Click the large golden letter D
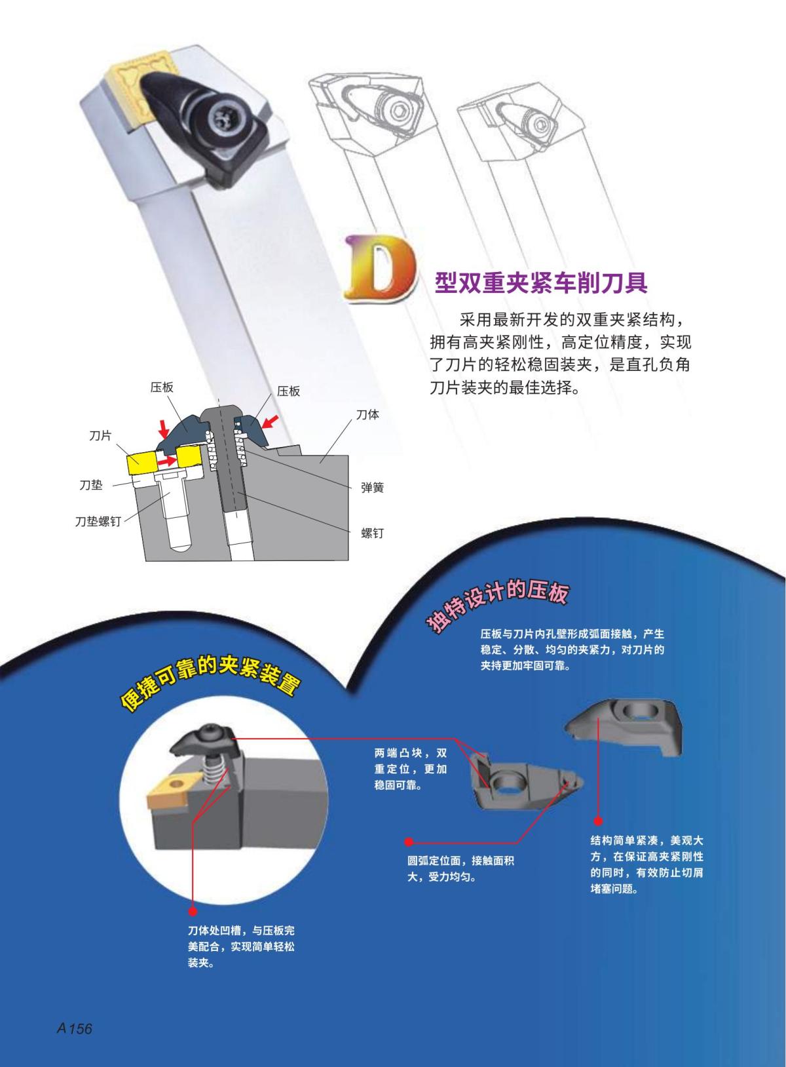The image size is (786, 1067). point(380,270)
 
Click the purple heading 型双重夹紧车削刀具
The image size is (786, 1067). point(541,282)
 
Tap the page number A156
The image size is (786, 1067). point(74,1028)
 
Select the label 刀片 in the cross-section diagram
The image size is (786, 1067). point(100,435)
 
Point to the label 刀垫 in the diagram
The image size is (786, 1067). point(90,485)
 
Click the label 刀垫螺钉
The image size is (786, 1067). point(98,522)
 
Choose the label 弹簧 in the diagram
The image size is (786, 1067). point(372,488)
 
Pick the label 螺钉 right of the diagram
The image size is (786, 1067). point(372,533)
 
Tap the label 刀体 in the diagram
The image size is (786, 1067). point(367,415)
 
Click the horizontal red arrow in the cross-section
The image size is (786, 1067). point(168,461)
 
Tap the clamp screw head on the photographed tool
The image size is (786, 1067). point(227,119)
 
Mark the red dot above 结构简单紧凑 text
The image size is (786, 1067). point(597,821)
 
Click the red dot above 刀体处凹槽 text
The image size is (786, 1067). point(193,911)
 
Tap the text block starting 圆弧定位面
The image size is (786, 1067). point(460,868)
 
